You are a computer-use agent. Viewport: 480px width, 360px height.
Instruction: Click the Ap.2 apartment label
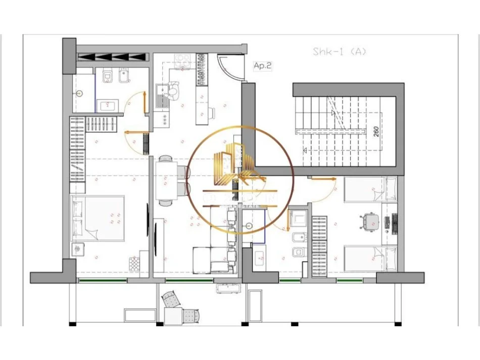point(263,66)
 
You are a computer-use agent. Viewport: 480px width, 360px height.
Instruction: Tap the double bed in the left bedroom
point(98,218)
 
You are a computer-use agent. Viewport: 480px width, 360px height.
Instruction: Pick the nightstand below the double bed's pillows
point(79,249)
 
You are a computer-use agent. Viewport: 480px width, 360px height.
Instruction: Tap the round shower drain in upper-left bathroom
point(81,93)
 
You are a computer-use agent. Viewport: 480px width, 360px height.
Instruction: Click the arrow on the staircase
point(305,150)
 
